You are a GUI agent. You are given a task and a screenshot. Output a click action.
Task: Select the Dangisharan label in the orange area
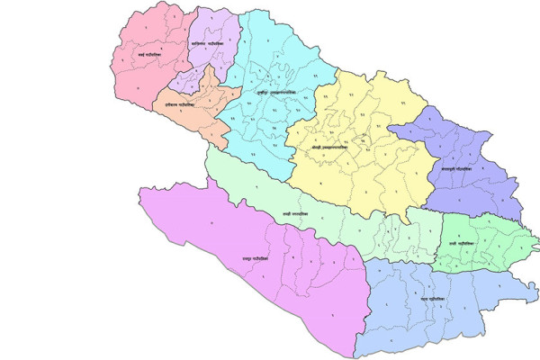tap(183, 105)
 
